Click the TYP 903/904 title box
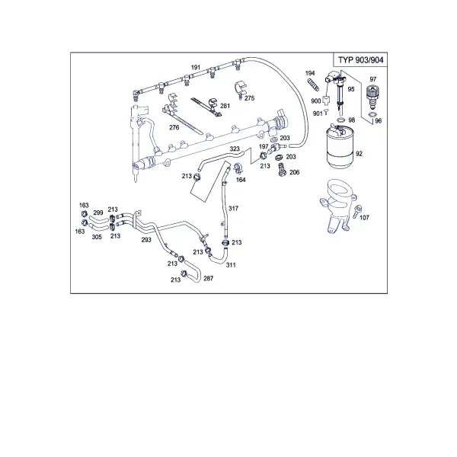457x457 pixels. tap(360, 59)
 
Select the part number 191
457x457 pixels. tap(196, 67)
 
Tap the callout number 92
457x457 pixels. tap(359, 154)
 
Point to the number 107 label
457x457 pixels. tap(364, 217)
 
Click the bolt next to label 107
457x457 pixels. tap(356, 211)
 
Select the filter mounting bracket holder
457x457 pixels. tap(338, 206)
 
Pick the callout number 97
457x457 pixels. tap(372, 79)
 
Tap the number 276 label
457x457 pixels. tap(174, 127)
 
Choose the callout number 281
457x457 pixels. tap(225, 106)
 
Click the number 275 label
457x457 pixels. tap(250, 98)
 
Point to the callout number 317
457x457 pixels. tap(233, 209)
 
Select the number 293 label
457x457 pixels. tap(146, 240)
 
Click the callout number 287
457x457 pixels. tap(209, 278)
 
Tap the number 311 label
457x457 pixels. tap(231, 265)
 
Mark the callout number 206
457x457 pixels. tap(294, 172)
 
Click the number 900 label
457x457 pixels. tap(316, 101)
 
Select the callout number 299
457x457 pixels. tap(98, 213)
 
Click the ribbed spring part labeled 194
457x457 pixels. tap(313, 85)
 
